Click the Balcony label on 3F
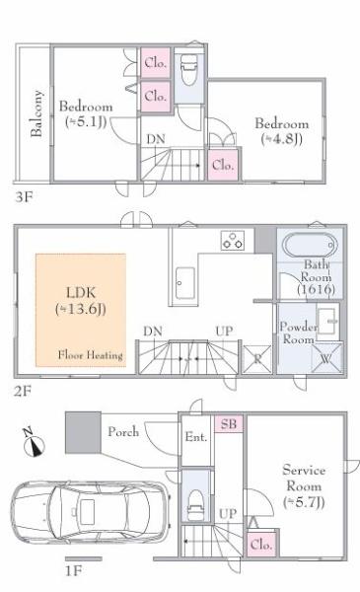(x=36, y=113)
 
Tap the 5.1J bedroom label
(x=86, y=113)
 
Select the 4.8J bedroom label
(x=282, y=131)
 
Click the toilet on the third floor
(x=189, y=69)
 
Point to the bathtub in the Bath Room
(x=310, y=245)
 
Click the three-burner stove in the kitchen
(x=233, y=241)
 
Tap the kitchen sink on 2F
(x=185, y=283)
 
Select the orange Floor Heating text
(x=91, y=355)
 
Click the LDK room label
(x=81, y=301)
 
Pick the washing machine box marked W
(x=326, y=357)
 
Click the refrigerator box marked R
(x=257, y=359)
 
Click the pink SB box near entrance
(x=229, y=423)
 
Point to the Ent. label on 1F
(x=196, y=437)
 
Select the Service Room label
(x=304, y=486)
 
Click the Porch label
(x=123, y=432)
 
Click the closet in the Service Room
(x=262, y=544)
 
